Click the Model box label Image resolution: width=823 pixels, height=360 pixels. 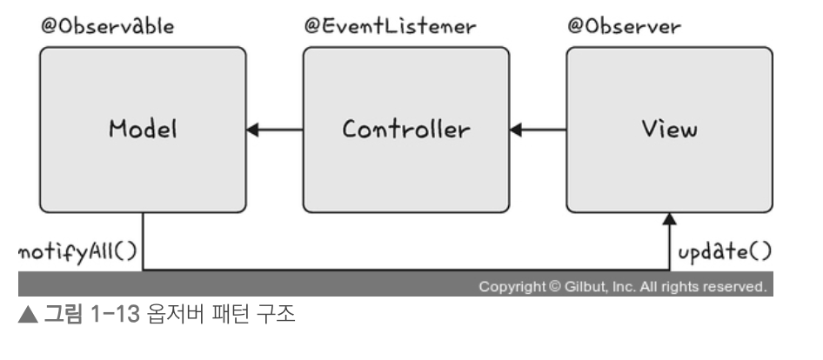coord(143,130)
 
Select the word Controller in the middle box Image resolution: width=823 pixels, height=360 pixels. coord(405,130)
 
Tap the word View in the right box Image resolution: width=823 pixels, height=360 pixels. coord(668,130)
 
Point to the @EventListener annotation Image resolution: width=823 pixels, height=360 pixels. coord(390,26)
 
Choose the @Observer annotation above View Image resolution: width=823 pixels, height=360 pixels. coord(625,26)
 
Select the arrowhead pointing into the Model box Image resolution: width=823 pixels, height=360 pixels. coord(253,130)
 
